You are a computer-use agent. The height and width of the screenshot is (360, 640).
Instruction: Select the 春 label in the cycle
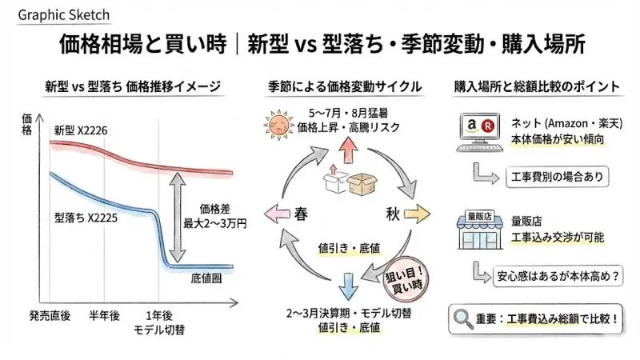coord(302,214)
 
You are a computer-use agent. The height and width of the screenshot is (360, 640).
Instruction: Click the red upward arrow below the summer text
coord(348,149)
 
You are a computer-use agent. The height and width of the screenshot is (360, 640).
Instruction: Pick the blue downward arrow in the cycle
coord(348,284)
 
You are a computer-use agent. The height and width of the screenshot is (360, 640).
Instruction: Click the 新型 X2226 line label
coord(82,130)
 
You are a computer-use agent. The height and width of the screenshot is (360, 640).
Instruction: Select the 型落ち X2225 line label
coord(87,216)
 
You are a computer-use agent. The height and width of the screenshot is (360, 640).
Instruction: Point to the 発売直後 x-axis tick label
coord(50,315)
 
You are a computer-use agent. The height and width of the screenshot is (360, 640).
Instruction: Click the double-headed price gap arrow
coord(177,219)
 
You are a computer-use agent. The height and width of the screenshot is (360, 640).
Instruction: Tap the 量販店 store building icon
coord(478,226)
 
